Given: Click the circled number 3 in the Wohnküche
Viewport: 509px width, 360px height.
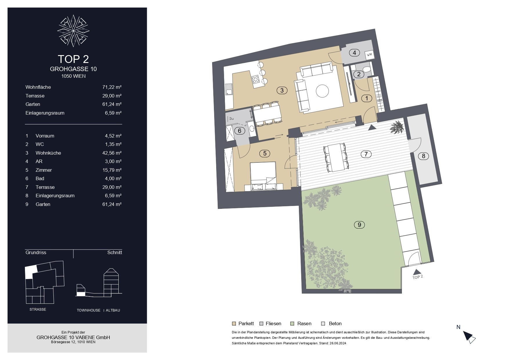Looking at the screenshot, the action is click(x=282, y=91).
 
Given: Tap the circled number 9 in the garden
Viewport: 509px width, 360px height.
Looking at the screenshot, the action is click(x=359, y=225).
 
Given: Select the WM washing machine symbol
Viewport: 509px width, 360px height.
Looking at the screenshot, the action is click(x=369, y=54).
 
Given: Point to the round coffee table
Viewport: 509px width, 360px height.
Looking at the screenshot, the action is click(x=322, y=91).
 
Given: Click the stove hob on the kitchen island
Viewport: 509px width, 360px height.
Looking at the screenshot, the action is click(x=256, y=79).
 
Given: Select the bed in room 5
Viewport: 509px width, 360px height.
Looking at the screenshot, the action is click(x=263, y=176).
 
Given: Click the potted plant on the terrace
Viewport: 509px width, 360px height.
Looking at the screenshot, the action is click(x=397, y=126).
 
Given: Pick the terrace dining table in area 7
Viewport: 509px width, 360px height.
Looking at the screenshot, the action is click(x=336, y=157).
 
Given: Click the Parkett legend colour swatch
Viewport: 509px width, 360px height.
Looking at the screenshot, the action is click(x=234, y=323).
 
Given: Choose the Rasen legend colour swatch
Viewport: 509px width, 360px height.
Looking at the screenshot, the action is click(x=292, y=323).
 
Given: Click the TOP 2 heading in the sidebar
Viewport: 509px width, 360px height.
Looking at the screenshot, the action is click(x=73, y=59).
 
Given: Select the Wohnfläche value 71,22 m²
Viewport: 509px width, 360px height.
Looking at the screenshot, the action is click(x=112, y=87).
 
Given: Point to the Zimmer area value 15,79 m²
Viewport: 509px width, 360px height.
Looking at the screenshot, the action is click(x=112, y=170).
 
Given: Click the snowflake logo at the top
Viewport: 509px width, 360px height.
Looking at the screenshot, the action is click(x=73, y=31).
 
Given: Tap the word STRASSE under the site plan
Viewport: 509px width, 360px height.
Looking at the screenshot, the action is click(x=38, y=310).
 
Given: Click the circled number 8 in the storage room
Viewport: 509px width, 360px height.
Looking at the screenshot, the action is click(x=423, y=156).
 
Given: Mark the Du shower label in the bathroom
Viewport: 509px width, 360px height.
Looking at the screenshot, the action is click(x=231, y=118).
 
